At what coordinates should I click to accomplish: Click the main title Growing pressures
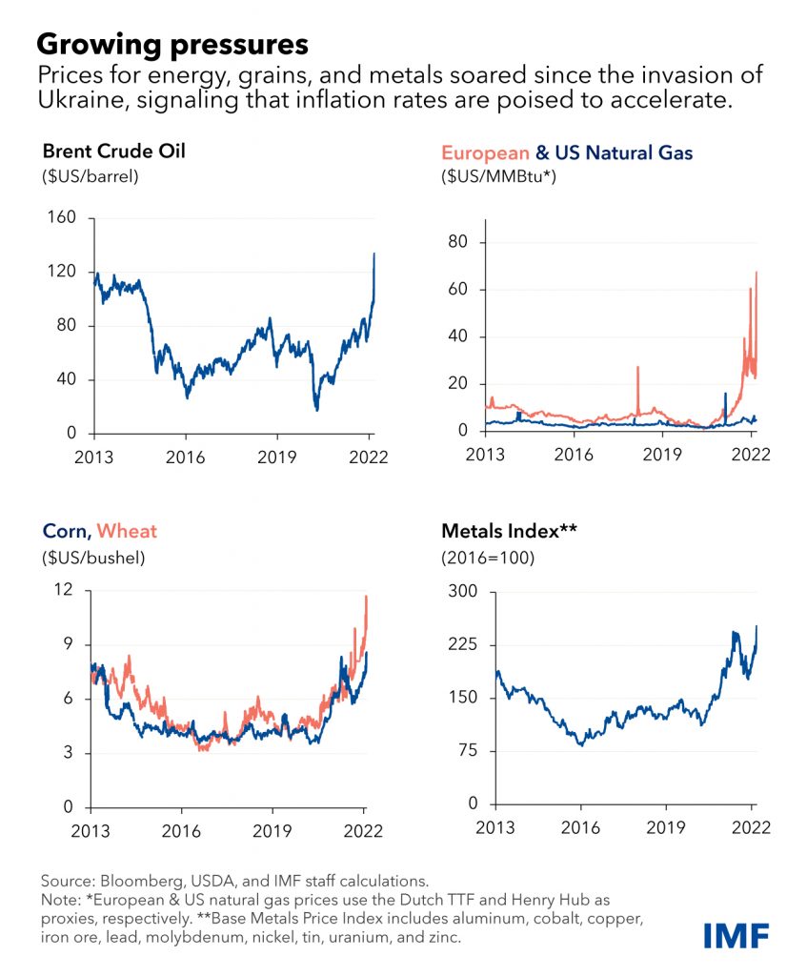pos(172,44)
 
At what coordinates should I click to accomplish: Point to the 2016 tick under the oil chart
pos(186,457)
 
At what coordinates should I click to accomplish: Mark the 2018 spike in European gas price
pos(637,367)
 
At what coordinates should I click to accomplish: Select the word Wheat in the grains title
pos(127,530)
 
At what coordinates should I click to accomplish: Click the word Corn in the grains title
pos(65,530)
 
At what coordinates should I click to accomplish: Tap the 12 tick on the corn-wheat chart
pos(64,589)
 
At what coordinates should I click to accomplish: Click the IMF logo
pos(736,936)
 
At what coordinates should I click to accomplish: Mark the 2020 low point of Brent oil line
pos(316,410)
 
